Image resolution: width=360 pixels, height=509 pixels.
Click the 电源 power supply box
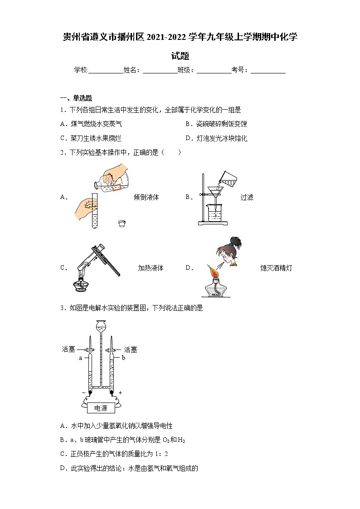[x=101, y=408]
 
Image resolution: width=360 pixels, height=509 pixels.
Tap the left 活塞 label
[x=68, y=349]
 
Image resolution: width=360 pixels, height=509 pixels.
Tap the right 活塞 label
[x=131, y=349]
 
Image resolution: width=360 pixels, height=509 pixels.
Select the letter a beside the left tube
[x=80, y=358]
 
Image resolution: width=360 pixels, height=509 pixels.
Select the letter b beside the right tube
[x=122, y=358]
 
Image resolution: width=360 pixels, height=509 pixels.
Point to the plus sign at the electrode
[x=120, y=392]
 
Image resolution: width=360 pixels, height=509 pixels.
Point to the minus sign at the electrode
[x=83, y=392]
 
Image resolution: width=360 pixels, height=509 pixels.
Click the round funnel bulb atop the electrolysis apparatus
[x=101, y=325]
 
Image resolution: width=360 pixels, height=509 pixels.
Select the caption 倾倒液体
[x=146, y=198]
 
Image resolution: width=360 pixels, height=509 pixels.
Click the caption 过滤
[x=247, y=198]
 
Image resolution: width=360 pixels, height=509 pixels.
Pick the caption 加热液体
[x=151, y=268]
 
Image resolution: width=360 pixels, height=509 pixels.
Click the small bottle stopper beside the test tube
[x=121, y=222]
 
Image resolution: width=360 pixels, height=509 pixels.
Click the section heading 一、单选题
[x=76, y=98]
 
